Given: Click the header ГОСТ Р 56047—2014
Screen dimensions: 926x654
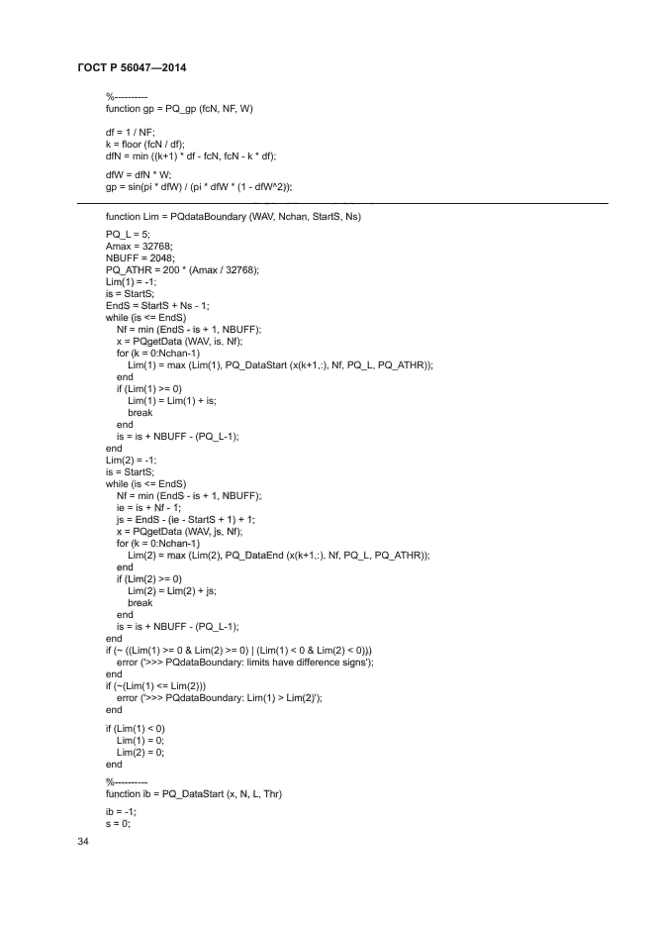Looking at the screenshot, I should point(132,68).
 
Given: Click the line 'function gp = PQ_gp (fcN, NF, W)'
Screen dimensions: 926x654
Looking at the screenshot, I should point(179,108).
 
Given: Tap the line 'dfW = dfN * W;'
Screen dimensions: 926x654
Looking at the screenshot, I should point(139,174).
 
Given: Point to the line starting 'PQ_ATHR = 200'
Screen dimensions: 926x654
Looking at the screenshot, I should point(182,269).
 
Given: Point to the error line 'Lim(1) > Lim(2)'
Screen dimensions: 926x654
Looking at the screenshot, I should point(224,697).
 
